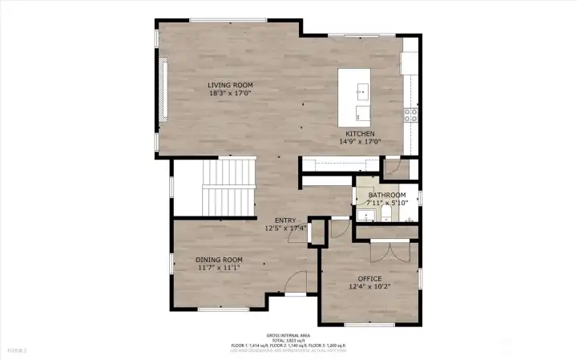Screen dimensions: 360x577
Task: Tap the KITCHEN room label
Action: [x=361, y=133]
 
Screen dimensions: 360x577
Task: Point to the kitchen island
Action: [x=357, y=94]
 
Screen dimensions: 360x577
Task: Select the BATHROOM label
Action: [x=387, y=195]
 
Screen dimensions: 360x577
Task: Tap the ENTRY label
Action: [x=286, y=220]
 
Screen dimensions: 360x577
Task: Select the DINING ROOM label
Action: [x=220, y=260]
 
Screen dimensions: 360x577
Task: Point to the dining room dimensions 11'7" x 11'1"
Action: [x=220, y=269]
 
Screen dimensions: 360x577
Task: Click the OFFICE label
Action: [x=369, y=278]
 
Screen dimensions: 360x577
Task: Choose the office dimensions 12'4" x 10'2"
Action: [x=369, y=287]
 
